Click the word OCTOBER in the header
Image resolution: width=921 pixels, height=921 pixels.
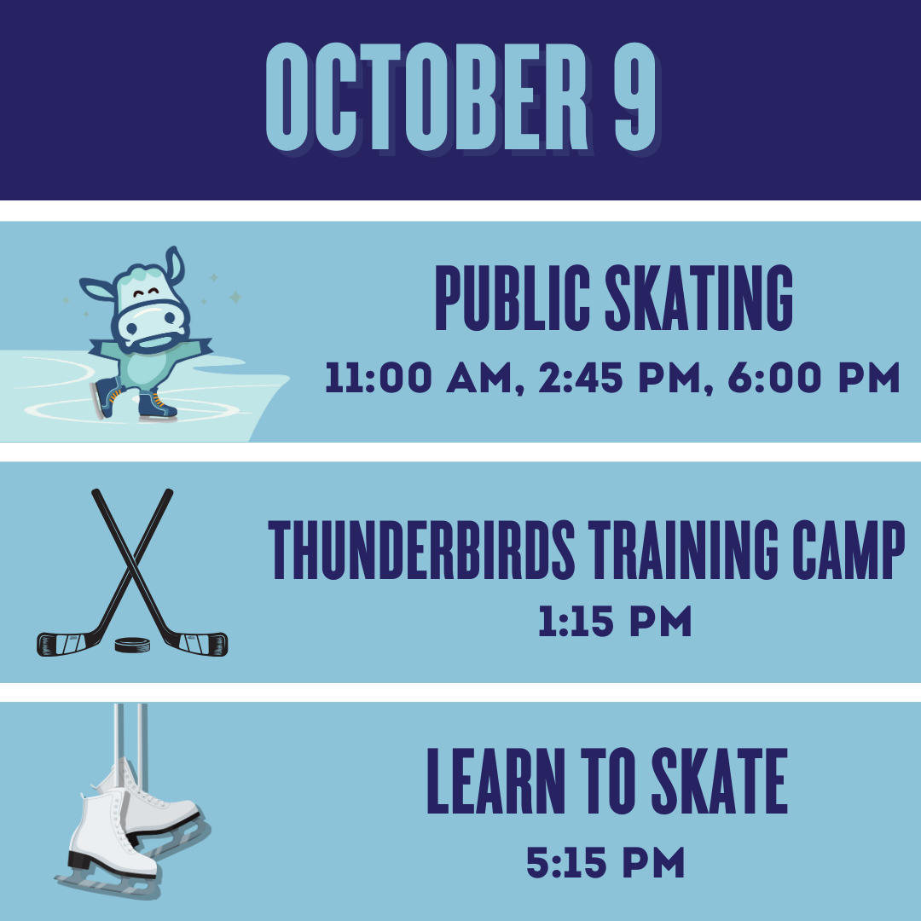tap(427, 97)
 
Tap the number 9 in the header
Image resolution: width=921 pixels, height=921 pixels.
tap(635, 97)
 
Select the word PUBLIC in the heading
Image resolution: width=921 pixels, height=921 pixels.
tap(513, 298)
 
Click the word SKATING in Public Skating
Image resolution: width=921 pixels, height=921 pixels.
tap(699, 298)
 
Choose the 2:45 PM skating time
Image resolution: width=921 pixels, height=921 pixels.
tap(620, 377)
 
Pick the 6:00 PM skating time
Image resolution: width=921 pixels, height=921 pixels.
tap(814, 377)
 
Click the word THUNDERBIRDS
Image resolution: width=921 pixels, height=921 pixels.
tap(421, 550)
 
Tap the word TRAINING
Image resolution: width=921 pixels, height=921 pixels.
tap(684, 550)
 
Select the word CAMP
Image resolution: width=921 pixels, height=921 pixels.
tap(849, 550)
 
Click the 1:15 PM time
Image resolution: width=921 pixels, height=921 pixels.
tap(615, 622)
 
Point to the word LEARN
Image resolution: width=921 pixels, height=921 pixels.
tap(495, 780)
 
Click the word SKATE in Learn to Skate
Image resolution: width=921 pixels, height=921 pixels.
tap(720, 780)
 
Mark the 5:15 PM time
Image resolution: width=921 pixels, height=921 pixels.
tap(605, 862)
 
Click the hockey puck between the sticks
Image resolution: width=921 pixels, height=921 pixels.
tap(132, 645)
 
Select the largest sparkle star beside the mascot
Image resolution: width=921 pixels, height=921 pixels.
tap(235, 297)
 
